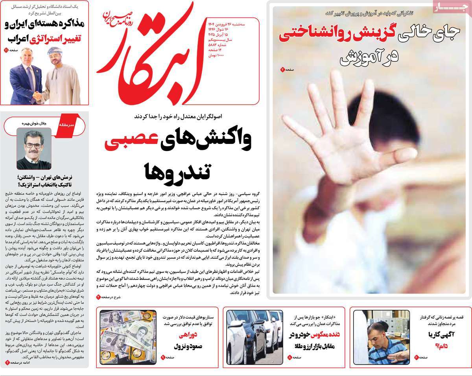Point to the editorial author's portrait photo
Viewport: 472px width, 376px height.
34,149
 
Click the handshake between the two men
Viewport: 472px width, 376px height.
37,96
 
